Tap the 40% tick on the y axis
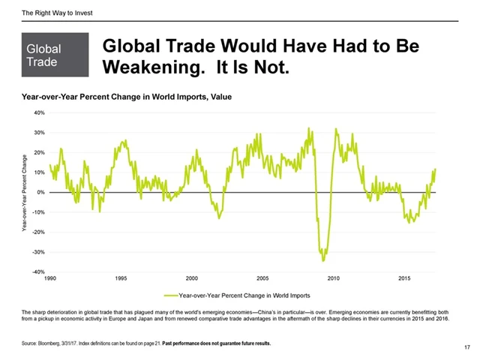point(39,112)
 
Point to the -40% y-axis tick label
point(37,271)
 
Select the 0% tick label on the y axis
point(40,192)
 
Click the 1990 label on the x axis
point(50,278)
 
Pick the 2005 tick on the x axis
point(262,278)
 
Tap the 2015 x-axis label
point(404,278)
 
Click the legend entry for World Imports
point(244,295)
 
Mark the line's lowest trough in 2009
point(323,260)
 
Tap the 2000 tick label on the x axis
point(191,278)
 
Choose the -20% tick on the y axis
point(37,232)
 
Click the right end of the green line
point(435,169)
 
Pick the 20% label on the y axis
point(39,152)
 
